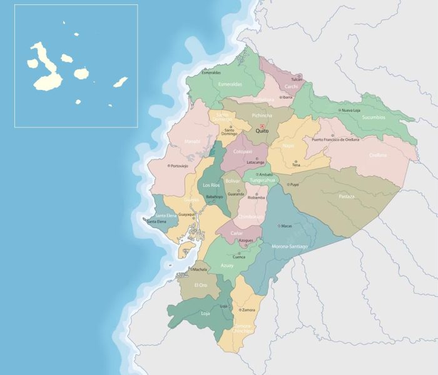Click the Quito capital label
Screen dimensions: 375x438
click(x=262, y=132)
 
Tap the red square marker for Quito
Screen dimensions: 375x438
click(x=262, y=126)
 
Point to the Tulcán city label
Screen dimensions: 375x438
click(x=297, y=80)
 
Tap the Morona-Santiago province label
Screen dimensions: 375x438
click(x=290, y=246)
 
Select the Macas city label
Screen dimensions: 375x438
click(x=287, y=226)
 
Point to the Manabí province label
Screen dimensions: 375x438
click(x=193, y=141)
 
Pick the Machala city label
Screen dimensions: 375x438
click(x=200, y=269)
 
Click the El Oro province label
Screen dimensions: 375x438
click(x=200, y=285)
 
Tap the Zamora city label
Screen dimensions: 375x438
click(x=248, y=310)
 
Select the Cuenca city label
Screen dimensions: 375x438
click(x=239, y=257)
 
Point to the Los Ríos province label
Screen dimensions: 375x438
click(x=211, y=185)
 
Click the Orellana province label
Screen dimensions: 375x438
click(x=378, y=155)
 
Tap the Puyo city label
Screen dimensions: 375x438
click(x=294, y=184)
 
